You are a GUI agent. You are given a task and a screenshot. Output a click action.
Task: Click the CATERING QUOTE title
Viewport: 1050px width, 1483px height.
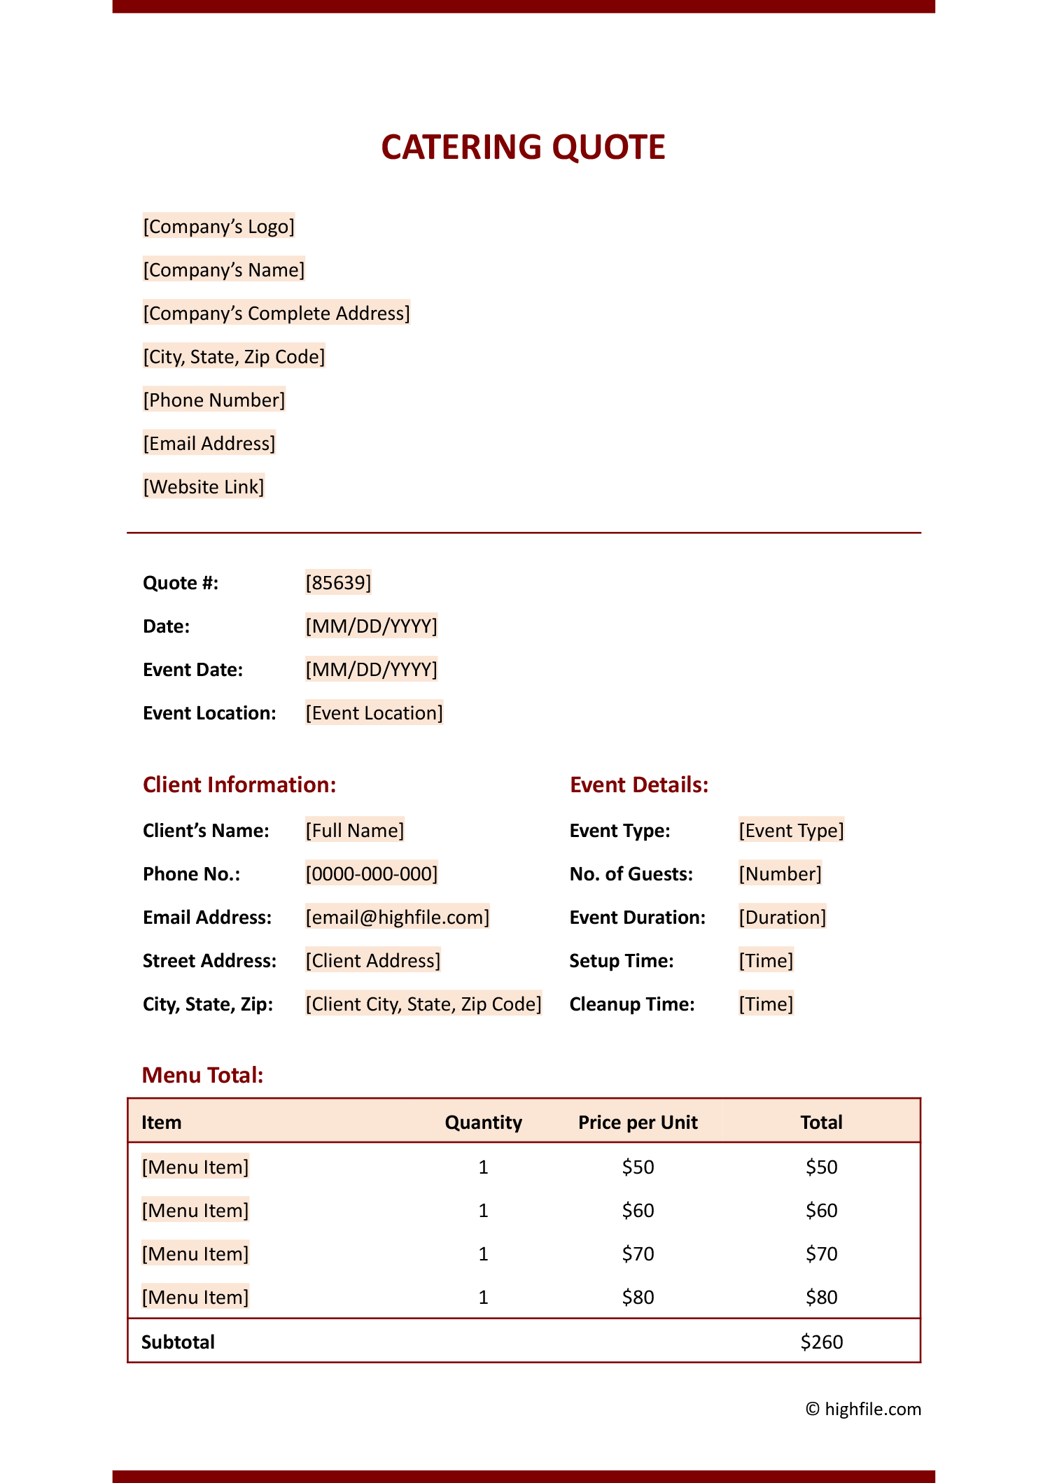click(523, 147)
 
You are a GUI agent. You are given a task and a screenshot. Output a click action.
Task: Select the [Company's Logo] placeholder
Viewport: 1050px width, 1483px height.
click(218, 227)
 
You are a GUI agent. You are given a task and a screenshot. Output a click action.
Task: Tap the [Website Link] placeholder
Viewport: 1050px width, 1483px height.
click(204, 487)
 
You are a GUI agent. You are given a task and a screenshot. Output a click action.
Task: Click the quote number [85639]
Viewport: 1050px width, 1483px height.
click(338, 582)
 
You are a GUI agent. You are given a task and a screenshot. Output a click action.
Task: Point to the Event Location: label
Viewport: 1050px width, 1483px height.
click(209, 713)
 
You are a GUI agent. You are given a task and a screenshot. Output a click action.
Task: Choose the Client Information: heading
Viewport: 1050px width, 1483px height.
click(239, 785)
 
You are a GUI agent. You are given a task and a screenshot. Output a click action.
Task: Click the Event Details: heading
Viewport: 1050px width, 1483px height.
click(639, 785)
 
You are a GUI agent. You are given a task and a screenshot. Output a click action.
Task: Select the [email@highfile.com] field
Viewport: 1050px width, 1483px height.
click(397, 917)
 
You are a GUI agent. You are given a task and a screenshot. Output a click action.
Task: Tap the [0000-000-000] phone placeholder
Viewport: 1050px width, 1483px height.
click(371, 873)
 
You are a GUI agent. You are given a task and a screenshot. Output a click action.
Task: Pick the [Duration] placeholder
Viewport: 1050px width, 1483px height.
click(782, 917)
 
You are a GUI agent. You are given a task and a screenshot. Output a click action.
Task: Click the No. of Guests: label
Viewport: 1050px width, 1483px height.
click(631, 874)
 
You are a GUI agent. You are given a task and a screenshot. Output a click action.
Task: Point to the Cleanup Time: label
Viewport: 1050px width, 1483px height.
click(631, 1004)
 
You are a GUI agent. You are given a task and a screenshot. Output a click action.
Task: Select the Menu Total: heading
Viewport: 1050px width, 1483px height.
click(203, 1075)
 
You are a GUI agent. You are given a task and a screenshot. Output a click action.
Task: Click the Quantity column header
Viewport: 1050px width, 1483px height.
click(483, 1123)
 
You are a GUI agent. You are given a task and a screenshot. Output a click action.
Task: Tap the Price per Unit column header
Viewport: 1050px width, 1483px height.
click(638, 1123)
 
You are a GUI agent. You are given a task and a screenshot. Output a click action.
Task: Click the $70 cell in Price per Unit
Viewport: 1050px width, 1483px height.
click(638, 1253)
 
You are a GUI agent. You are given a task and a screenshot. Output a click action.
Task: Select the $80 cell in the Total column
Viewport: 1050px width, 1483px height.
click(821, 1297)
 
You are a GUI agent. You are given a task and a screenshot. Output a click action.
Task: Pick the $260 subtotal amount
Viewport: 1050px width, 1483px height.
click(821, 1342)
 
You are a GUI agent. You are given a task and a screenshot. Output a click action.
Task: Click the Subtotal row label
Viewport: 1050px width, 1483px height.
click(178, 1342)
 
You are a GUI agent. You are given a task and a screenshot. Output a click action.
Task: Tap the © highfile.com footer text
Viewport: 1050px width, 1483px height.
click(863, 1409)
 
